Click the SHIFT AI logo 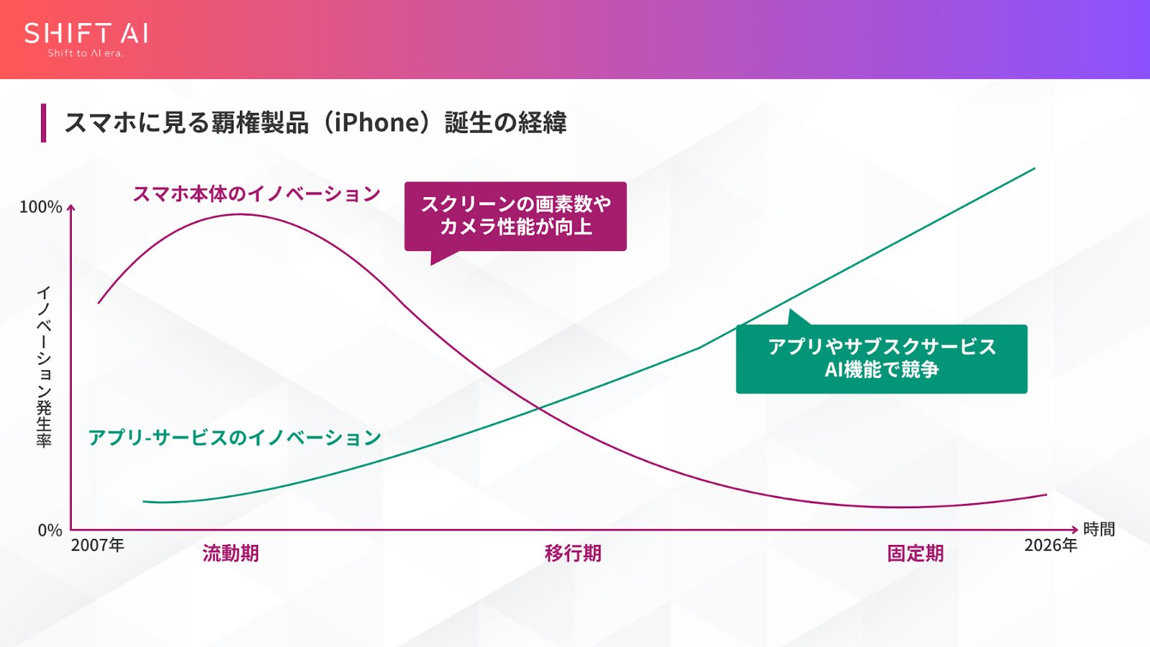click(86, 34)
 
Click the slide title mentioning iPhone click(316, 123)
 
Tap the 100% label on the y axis click(41, 207)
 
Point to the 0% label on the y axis click(50, 531)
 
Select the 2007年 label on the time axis click(98, 546)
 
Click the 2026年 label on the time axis click(1050, 546)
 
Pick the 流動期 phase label click(231, 554)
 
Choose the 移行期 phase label click(573, 554)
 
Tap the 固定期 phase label click(915, 554)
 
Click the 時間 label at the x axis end click(1099, 530)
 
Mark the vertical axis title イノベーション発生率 click(44, 367)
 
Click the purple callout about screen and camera click(515, 216)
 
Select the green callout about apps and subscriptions click(881, 358)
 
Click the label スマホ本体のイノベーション click(256, 194)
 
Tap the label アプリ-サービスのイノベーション click(234, 438)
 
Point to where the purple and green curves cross click(539, 408)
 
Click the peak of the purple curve click(241, 214)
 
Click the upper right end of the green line click(1034, 168)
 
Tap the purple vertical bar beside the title click(44, 123)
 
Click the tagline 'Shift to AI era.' click(86, 53)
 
